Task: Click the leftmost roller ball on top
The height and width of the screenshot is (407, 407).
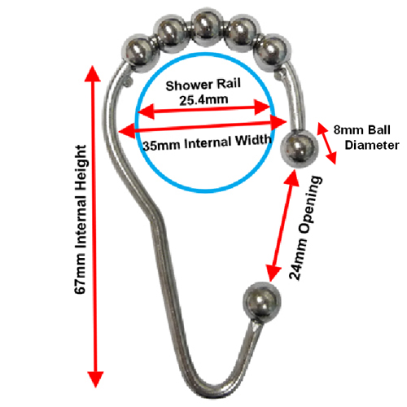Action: [138, 53]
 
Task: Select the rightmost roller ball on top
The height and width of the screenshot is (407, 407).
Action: [273, 53]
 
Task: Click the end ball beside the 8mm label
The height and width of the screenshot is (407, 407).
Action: [299, 148]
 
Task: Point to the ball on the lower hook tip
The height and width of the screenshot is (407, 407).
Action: [262, 302]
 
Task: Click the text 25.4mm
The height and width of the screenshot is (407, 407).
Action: [203, 100]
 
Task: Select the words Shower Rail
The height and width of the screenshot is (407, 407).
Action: [203, 85]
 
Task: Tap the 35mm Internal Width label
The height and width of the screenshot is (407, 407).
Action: [207, 142]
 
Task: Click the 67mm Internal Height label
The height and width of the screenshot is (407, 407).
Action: [81, 220]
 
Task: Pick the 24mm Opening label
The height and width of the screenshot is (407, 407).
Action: [306, 228]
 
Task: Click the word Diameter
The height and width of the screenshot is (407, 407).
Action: [372, 146]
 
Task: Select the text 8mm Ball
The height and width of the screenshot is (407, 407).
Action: [362, 130]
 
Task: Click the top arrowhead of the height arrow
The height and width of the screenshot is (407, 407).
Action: [93, 73]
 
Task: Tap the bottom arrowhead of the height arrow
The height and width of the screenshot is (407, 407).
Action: [95, 379]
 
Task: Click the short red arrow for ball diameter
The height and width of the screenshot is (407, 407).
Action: [327, 143]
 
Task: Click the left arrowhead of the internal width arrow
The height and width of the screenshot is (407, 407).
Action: [127, 131]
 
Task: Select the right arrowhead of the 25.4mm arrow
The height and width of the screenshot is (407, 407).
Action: [262, 107]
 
